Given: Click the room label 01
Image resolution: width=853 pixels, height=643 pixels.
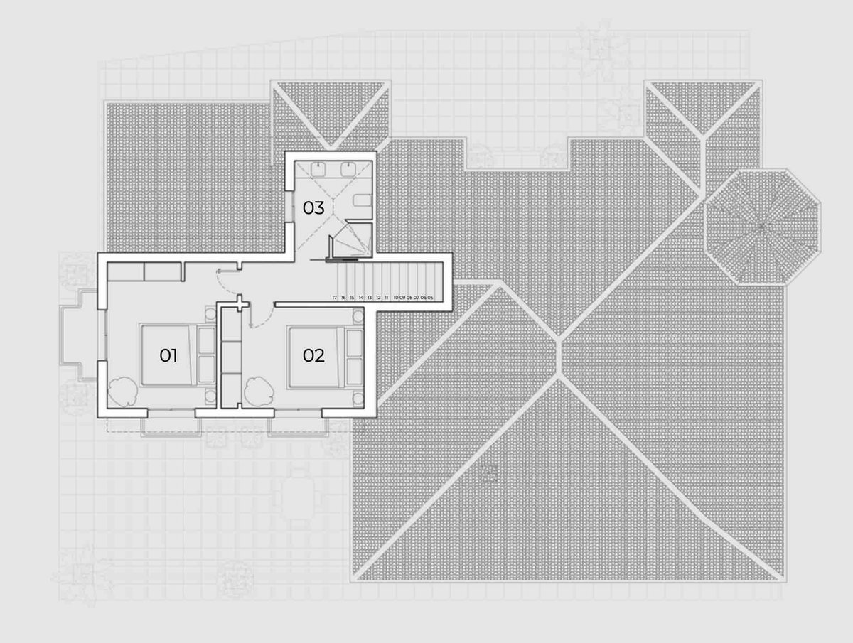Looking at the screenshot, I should pyautogui.click(x=168, y=355).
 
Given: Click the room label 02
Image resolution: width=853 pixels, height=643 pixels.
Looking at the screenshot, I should pyautogui.click(x=313, y=355).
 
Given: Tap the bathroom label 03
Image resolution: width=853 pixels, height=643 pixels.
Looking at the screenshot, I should pyautogui.click(x=313, y=208).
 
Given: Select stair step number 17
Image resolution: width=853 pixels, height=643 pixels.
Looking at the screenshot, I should pyautogui.click(x=334, y=297).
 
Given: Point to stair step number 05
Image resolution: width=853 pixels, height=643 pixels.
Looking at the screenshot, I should pyautogui.click(x=431, y=297).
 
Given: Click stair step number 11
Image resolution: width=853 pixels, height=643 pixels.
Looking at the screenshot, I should pyautogui.click(x=387, y=297).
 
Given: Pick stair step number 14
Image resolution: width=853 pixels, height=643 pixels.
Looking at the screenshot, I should pyautogui.click(x=361, y=297).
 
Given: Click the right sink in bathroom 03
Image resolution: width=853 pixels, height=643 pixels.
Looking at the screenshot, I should pyautogui.click(x=348, y=168).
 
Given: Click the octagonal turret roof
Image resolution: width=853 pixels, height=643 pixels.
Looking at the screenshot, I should pyautogui.click(x=762, y=227).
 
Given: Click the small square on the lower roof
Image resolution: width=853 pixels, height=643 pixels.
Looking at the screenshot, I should pyautogui.click(x=488, y=472).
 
